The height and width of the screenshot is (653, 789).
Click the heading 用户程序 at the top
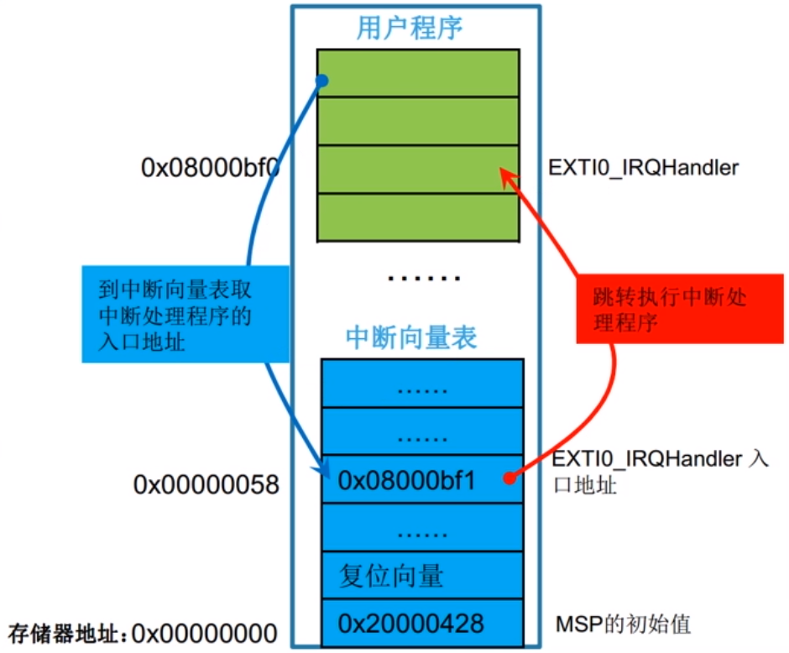[x=410, y=28]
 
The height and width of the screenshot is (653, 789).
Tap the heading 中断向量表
[x=411, y=337]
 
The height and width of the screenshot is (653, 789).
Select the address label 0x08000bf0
[x=210, y=168]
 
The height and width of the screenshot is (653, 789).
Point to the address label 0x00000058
[x=206, y=484]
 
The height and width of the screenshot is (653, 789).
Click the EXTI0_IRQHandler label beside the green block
[x=643, y=168]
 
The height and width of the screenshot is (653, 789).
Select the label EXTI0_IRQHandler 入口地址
[x=658, y=472]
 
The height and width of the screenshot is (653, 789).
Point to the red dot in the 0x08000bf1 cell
[x=509, y=479]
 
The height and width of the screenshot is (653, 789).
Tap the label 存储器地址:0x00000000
[x=143, y=632]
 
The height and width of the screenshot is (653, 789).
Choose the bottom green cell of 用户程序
[x=417, y=217]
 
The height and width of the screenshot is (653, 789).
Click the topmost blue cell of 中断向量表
[x=422, y=384]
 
